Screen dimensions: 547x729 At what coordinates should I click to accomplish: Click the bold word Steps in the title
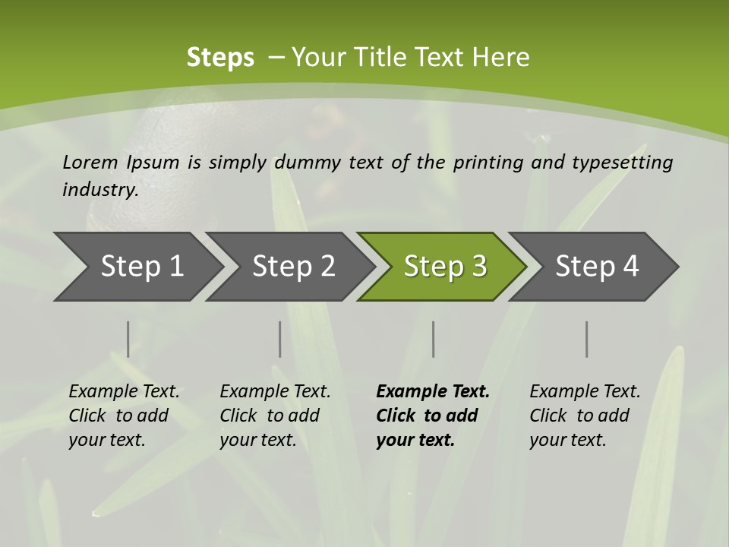220,58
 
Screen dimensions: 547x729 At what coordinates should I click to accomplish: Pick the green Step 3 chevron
445,266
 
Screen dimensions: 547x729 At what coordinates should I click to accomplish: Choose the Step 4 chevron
597,266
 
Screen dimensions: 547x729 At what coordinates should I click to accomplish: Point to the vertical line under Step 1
128,339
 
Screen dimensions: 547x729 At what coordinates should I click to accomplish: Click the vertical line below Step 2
279,339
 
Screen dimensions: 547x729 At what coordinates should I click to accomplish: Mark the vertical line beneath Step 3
433,339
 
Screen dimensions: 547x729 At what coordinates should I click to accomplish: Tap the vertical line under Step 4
586,339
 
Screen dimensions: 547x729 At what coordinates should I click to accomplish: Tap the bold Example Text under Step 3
433,392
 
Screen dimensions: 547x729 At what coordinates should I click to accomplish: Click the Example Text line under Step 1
124,392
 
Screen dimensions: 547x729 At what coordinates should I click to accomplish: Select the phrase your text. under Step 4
567,440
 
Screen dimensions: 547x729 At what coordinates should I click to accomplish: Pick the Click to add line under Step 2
270,416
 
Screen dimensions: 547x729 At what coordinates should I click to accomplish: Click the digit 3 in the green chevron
478,266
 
